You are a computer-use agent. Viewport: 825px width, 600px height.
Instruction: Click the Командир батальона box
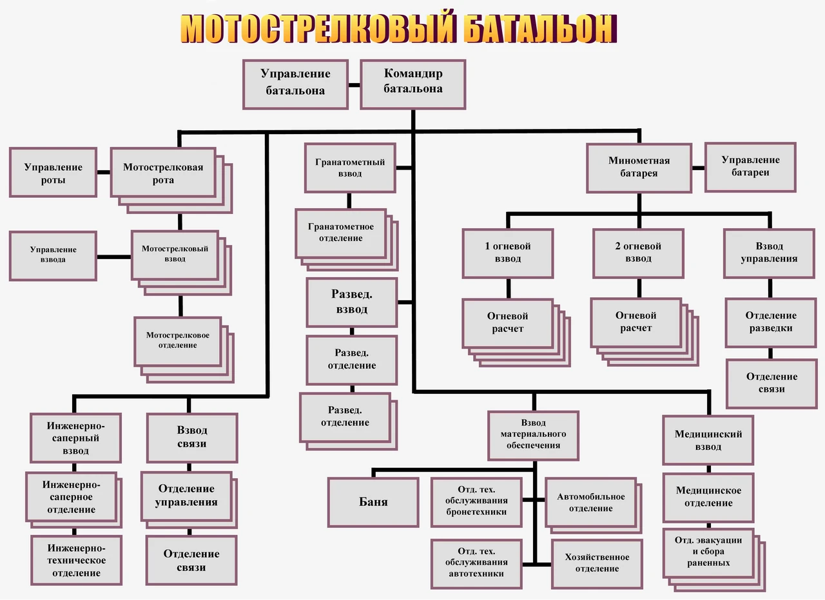coord(413,84)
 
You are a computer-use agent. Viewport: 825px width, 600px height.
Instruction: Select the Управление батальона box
coord(295,84)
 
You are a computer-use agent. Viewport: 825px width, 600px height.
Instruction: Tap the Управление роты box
coord(53,172)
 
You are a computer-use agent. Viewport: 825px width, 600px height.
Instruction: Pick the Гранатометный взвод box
coord(350,168)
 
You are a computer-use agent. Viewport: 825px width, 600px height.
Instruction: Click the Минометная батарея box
coord(639,168)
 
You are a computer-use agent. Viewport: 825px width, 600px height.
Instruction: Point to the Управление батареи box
coord(751,167)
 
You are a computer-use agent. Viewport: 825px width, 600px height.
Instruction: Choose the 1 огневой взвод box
coord(508,253)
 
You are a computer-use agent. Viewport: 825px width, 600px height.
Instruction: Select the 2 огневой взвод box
coord(638,253)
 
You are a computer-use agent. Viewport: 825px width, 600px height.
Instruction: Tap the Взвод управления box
coord(769,253)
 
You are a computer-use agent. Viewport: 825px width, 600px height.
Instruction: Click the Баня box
coord(373,503)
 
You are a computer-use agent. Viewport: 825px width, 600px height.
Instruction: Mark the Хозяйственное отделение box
coord(597,564)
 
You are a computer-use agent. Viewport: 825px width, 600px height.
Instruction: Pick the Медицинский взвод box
coord(708,440)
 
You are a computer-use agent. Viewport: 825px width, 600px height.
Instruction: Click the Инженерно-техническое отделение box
coord(76,560)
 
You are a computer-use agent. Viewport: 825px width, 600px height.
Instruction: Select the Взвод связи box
coord(192,438)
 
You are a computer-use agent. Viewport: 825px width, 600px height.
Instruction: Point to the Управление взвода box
coord(53,256)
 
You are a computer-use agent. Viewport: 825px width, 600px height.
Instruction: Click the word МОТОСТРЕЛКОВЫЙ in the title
coord(316,29)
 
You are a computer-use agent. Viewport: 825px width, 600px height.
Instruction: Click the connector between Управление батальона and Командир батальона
coord(354,85)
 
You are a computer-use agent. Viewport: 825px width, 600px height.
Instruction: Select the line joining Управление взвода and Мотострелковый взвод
coord(114,257)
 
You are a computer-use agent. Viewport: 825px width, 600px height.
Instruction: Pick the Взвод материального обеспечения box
coord(533,436)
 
